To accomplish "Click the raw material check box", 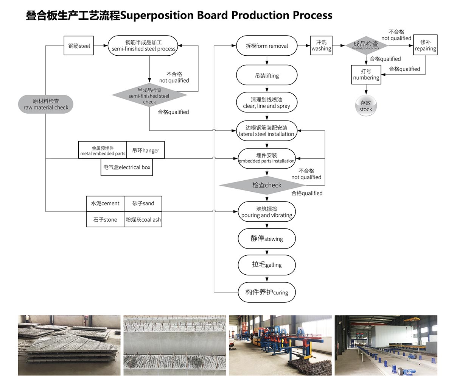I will click(46, 104).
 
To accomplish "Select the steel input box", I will click(79, 46).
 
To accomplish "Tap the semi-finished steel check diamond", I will click(149, 95).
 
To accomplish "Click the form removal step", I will click(267, 46).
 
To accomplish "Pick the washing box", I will click(321, 46).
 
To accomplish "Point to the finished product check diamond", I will click(366, 45).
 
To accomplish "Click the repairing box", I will click(425, 46).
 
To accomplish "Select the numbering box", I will click(366, 75).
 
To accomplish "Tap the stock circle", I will click(366, 106).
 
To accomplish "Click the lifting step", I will click(267, 75).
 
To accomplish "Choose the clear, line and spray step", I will click(267, 103).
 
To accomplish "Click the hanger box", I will click(146, 150).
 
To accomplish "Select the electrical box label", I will click(127, 167).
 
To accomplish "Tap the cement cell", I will click(105, 203).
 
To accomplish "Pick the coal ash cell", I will click(143, 220).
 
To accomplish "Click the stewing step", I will click(267, 239).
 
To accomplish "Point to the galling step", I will click(267, 264).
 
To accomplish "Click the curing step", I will click(267, 292).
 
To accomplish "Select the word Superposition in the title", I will click(157, 15).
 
